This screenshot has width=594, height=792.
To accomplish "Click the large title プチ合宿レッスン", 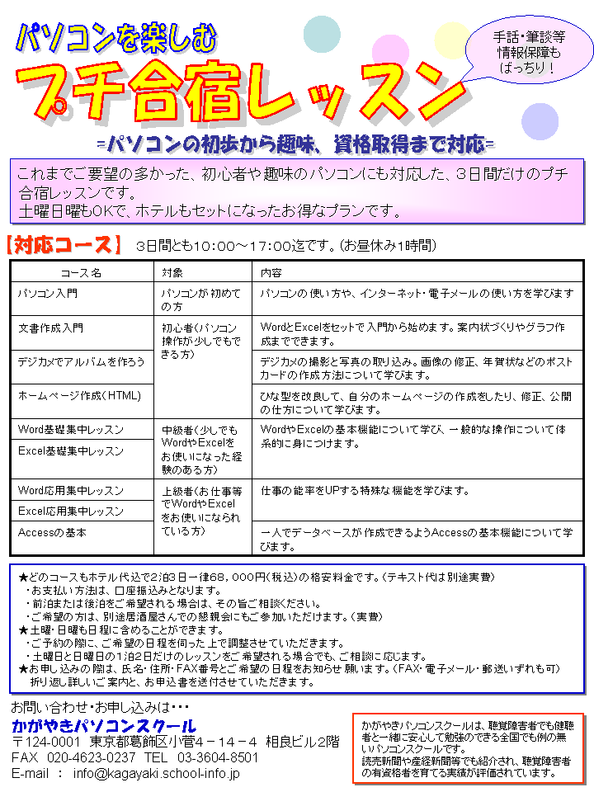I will coord(231,89).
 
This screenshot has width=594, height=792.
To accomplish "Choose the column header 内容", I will coord(271,272).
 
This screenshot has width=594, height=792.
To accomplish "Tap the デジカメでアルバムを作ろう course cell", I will coord(81,361).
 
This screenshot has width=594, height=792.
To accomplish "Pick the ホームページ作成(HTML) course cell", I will coord(79,395).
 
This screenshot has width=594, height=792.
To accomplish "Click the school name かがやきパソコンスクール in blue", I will coord(98,726).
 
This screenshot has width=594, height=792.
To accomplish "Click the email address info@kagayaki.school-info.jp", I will coord(156,774).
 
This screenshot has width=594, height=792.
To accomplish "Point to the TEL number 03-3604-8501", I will coord(218,757).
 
